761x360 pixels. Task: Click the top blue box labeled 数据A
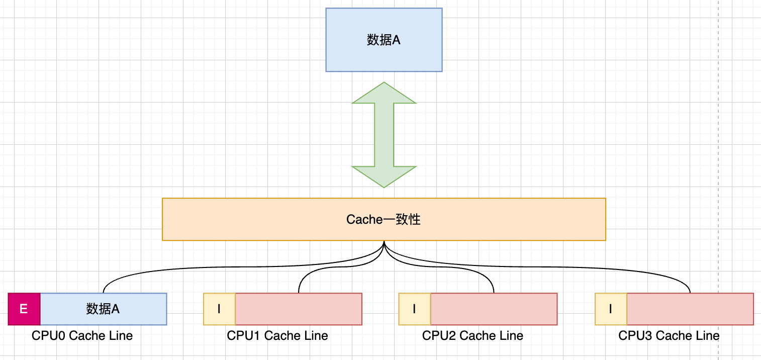(x=384, y=40)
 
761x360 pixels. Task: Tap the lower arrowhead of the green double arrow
(x=384, y=176)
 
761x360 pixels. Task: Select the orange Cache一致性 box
(x=384, y=219)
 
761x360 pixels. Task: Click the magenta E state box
(x=24, y=309)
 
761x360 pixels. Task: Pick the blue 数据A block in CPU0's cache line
(x=103, y=309)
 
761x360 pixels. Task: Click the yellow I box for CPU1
(x=219, y=309)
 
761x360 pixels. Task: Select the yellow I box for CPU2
(x=414, y=309)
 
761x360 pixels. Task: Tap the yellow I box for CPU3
(x=610, y=309)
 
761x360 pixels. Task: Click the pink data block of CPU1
(x=299, y=309)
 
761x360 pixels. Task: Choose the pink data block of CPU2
(x=494, y=309)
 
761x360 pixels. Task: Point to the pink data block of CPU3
(x=690, y=309)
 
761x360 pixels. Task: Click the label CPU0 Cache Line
(x=82, y=336)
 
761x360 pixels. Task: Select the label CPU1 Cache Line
(x=277, y=336)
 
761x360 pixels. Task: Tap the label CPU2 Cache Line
(x=472, y=336)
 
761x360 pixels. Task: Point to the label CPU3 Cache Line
(x=669, y=336)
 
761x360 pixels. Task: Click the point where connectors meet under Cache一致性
(x=384, y=242)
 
